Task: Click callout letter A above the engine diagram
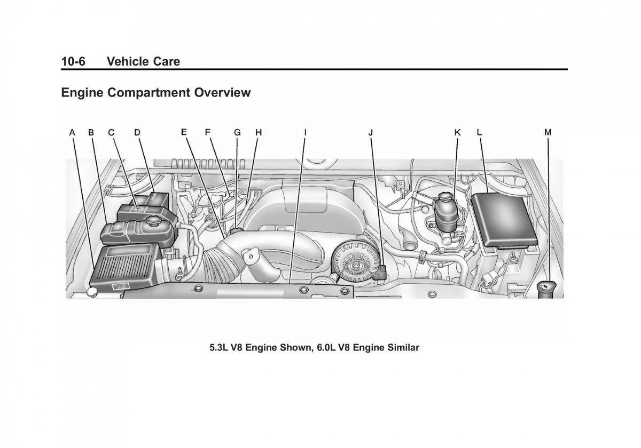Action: (72, 132)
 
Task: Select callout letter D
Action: (137, 132)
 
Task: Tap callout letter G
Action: (237, 132)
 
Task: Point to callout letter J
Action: (371, 132)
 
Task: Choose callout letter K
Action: (457, 132)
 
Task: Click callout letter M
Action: (548, 132)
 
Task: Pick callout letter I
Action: (305, 132)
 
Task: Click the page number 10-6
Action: (73, 61)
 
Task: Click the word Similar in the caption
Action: (402, 348)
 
